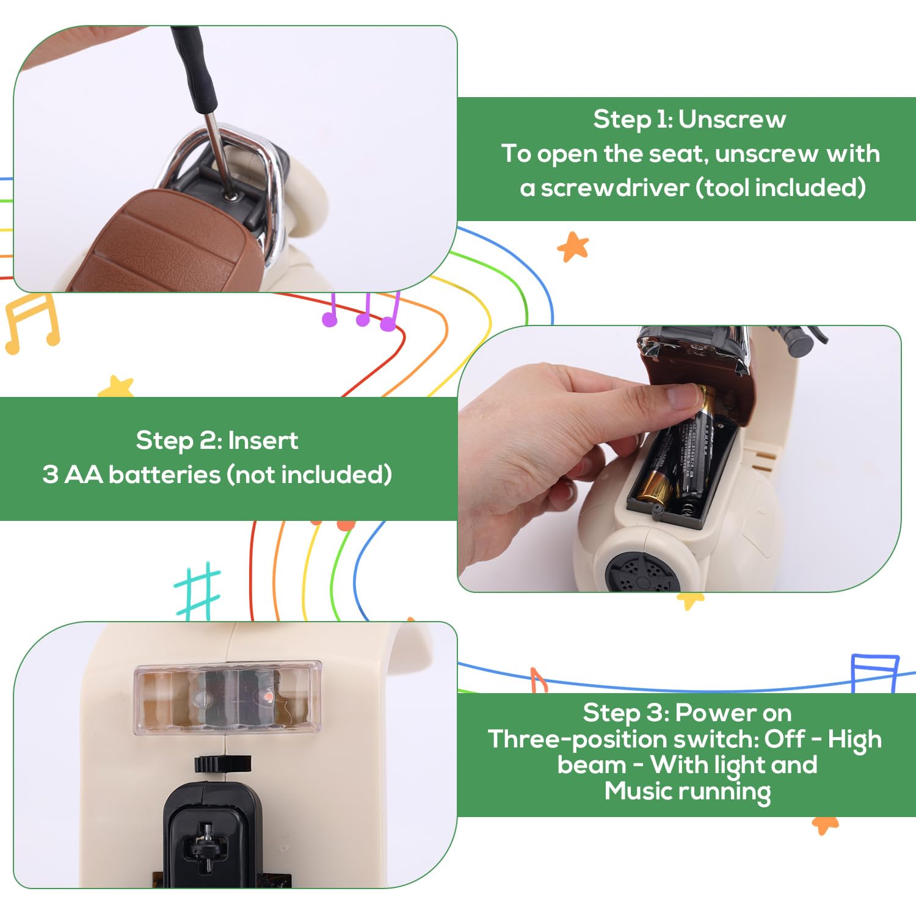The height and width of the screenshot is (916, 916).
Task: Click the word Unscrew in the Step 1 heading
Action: (x=732, y=119)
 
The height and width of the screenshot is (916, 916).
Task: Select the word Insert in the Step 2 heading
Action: (x=263, y=440)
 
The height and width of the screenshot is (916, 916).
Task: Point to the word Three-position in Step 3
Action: (x=620, y=740)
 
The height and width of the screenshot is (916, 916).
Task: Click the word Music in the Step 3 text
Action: (x=639, y=791)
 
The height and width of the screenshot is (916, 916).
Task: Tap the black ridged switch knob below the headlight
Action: (x=223, y=763)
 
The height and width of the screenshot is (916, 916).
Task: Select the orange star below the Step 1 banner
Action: (x=573, y=247)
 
